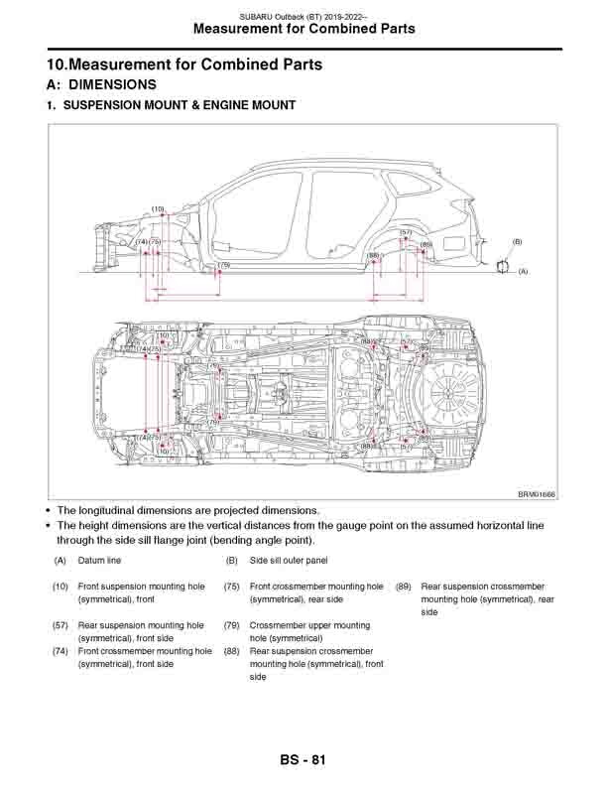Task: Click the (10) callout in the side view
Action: pyautogui.click(x=158, y=208)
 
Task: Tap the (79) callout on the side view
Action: pyautogui.click(x=224, y=265)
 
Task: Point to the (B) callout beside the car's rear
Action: pyautogui.click(x=517, y=241)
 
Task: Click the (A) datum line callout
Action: pyautogui.click(x=523, y=270)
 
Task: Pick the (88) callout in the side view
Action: pyautogui.click(x=374, y=255)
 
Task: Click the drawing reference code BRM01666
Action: pyautogui.click(x=537, y=494)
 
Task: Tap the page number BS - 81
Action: pyautogui.click(x=303, y=760)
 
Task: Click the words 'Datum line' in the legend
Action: pyautogui.click(x=99, y=561)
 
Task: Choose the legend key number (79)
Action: pyautogui.click(x=232, y=625)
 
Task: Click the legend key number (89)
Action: pyautogui.click(x=404, y=587)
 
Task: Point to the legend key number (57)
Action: pyautogui.click(x=61, y=625)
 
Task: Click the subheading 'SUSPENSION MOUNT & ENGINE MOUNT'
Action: pyautogui.click(x=179, y=104)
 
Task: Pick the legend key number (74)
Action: pyautogui.click(x=61, y=651)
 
